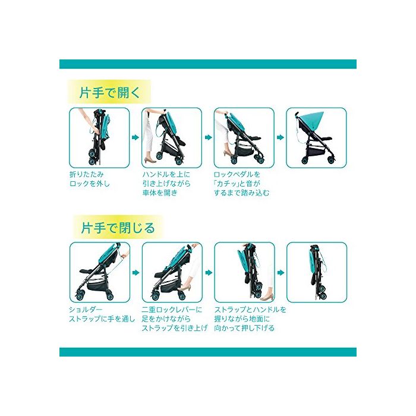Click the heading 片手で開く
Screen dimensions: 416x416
click(x=109, y=93)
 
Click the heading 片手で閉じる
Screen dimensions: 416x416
click(x=118, y=228)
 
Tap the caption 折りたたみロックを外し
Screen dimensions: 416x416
click(x=89, y=179)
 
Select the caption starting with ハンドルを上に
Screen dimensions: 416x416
click(x=166, y=184)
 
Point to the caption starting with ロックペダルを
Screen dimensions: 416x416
click(x=241, y=184)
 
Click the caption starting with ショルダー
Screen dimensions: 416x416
click(x=102, y=314)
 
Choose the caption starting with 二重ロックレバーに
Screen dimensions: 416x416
click(x=174, y=319)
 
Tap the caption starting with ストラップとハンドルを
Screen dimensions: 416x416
click(x=250, y=319)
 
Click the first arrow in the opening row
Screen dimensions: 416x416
click(x=135, y=137)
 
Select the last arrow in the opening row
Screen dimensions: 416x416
click(x=281, y=137)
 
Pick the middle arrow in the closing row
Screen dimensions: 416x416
click(x=209, y=272)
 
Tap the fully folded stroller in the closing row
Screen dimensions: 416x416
click(x=317, y=272)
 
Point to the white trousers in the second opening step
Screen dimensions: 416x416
click(x=148, y=137)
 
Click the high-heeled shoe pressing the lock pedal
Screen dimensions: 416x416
click(x=228, y=153)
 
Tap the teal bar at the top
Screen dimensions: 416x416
click(x=208, y=64)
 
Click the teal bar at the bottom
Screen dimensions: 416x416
click(x=208, y=352)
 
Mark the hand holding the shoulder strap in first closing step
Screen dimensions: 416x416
click(x=125, y=254)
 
